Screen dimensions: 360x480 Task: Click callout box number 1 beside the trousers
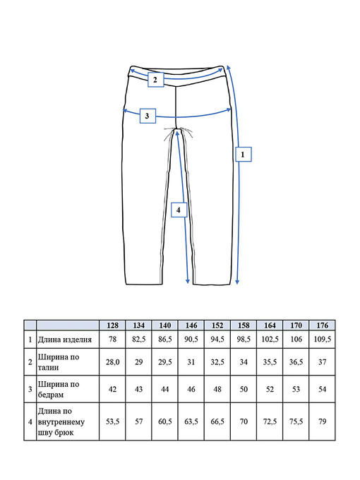point(244,154)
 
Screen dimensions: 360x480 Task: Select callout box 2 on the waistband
point(155,80)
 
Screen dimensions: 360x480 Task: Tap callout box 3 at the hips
point(148,116)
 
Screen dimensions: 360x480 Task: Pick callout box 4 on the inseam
point(179,210)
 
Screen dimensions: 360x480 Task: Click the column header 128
point(112,325)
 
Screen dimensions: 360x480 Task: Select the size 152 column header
point(217,325)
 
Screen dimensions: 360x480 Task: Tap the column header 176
point(323,325)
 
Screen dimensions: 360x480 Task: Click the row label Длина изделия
point(65,340)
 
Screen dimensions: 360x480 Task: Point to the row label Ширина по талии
point(59,362)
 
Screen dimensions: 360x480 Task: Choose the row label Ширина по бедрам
point(59,389)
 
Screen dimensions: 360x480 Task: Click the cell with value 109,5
point(323,340)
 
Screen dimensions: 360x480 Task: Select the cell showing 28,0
point(112,362)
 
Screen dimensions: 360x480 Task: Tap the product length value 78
point(112,340)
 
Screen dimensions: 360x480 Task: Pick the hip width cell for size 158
point(244,389)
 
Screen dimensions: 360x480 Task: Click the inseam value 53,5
point(112,421)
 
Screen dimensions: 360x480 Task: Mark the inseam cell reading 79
point(323,421)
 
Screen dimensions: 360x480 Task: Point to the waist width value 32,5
point(217,362)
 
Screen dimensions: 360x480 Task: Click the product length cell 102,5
point(270,340)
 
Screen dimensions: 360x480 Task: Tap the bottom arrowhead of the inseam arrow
point(188,282)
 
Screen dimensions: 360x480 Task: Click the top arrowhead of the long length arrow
point(228,67)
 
